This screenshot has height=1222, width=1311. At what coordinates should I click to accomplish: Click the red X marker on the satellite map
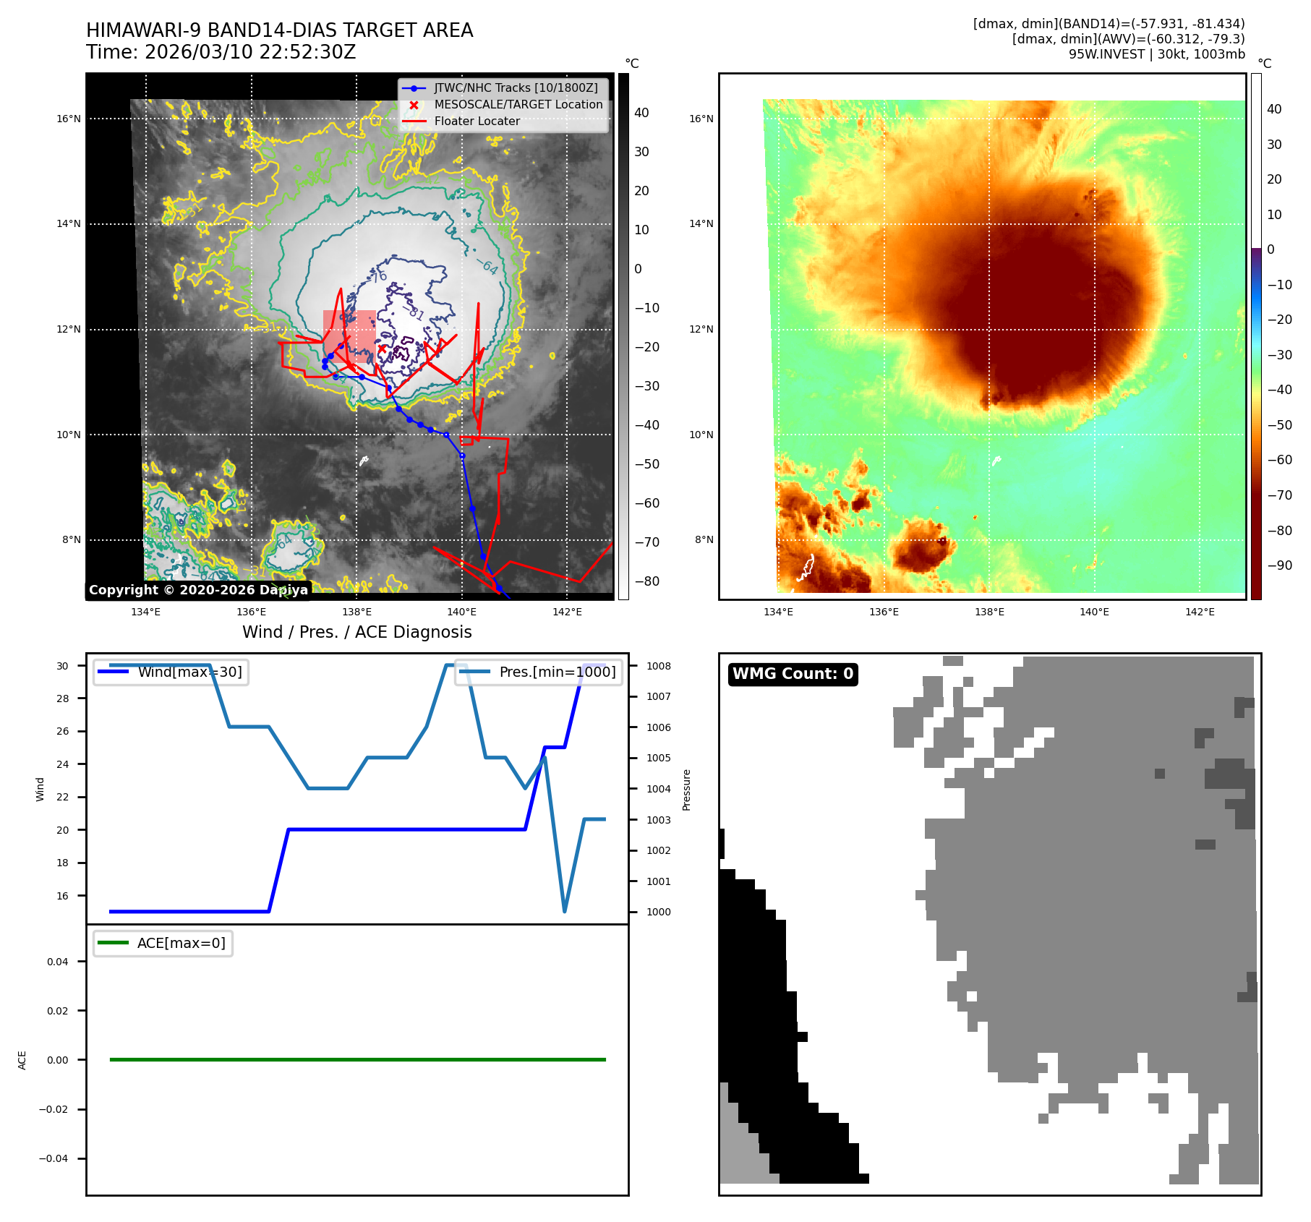382,349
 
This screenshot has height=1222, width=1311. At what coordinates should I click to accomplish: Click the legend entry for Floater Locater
477,121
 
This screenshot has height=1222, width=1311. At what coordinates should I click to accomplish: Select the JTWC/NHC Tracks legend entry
516,88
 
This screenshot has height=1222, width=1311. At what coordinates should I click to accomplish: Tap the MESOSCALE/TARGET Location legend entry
518,105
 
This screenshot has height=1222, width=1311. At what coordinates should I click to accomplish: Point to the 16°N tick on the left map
69,119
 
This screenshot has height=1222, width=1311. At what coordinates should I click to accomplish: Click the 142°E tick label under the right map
1200,612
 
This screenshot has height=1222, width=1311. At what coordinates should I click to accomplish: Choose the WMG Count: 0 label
793,674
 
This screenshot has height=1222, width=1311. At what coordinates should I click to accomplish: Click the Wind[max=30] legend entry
189,672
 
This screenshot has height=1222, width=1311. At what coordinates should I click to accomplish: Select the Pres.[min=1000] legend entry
557,672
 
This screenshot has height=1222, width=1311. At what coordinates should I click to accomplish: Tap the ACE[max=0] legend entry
181,943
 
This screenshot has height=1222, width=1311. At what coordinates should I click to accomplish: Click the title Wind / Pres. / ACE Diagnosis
356,632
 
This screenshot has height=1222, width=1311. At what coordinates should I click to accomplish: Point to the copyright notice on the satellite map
198,590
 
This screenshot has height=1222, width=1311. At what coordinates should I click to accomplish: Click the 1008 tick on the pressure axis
659,666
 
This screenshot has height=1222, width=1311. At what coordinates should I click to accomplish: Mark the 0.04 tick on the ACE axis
58,962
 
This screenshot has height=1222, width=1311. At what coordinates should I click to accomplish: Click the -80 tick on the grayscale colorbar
646,581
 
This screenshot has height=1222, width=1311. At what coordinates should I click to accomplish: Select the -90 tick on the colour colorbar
1279,565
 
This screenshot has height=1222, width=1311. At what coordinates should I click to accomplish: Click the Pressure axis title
687,790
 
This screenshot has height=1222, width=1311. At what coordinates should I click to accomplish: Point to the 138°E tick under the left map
356,612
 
